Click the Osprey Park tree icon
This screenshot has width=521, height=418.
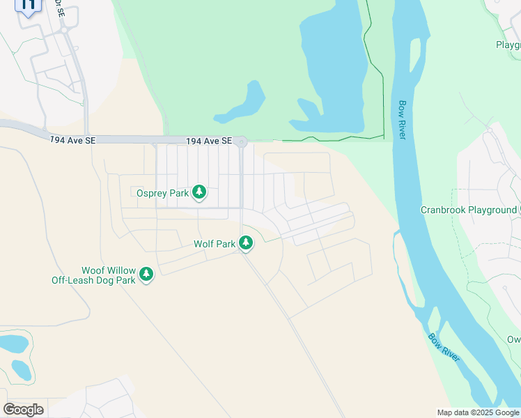(x=199, y=192)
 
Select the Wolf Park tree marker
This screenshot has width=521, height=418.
(x=245, y=243)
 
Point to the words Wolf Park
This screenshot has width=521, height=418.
(x=215, y=245)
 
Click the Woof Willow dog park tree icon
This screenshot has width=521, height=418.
(x=146, y=274)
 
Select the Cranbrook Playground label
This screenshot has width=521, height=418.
(x=468, y=210)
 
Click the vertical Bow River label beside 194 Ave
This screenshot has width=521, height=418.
(x=402, y=120)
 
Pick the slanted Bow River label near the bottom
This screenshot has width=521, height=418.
(x=444, y=347)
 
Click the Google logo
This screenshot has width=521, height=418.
(x=23, y=410)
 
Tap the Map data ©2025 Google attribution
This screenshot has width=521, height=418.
(x=479, y=412)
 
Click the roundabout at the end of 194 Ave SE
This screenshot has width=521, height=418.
(x=241, y=142)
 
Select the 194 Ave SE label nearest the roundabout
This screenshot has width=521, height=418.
(x=208, y=141)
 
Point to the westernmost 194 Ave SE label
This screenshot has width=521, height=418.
(x=72, y=140)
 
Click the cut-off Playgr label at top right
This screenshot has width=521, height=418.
(x=508, y=45)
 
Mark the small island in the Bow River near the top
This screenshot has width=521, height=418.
(x=416, y=59)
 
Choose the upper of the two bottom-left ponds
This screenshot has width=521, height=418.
(x=13, y=343)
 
